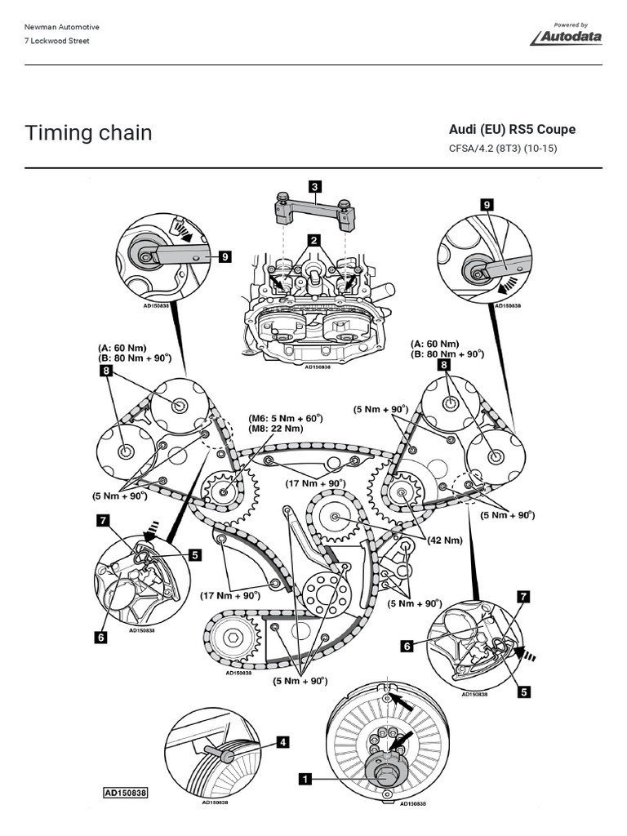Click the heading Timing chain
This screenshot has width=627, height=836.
click(88, 132)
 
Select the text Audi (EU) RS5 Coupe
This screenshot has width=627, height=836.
click(512, 130)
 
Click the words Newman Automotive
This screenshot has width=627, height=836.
click(62, 27)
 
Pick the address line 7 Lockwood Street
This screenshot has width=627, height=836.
click(57, 41)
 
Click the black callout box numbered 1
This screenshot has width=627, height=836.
click(305, 780)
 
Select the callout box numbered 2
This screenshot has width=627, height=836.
click(313, 240)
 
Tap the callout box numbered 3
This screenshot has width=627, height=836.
click(314, 187)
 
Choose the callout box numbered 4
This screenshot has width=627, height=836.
click(282, 742)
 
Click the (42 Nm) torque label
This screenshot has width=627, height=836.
click(447, 540)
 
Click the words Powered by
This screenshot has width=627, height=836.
click(571, 24)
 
